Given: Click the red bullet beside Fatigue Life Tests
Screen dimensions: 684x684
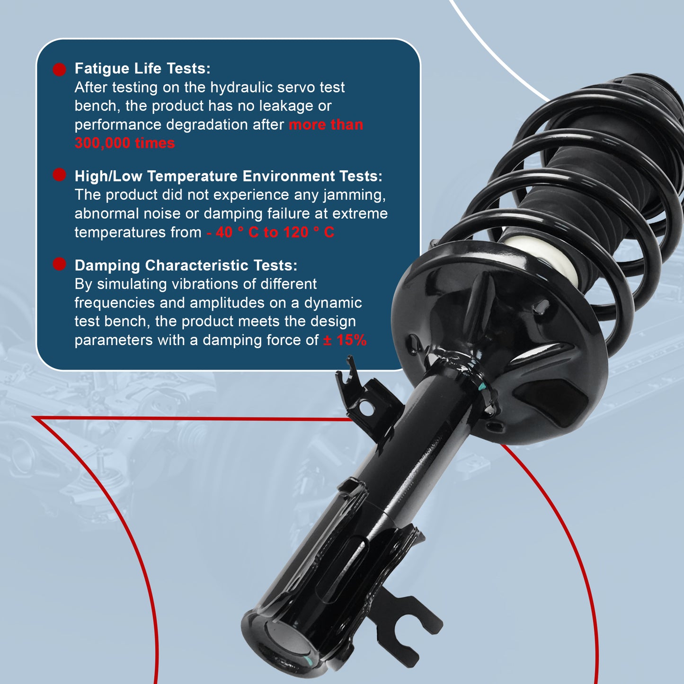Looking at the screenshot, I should (x=59, y=70).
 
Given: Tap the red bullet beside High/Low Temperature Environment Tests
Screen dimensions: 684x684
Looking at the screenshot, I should (x=59, y=175).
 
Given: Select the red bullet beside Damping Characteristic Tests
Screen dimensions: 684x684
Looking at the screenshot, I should (x=59, y=264).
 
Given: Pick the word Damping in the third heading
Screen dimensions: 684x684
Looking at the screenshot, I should (x=108, y=266).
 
